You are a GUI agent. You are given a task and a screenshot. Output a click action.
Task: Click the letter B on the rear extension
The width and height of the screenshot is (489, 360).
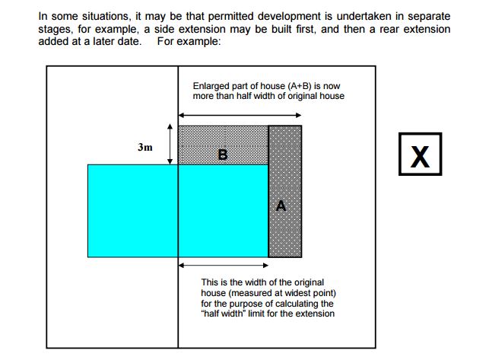223,155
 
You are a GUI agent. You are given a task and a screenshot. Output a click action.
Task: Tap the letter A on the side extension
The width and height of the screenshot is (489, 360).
281,205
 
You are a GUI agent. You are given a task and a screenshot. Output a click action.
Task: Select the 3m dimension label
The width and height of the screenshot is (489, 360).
145,147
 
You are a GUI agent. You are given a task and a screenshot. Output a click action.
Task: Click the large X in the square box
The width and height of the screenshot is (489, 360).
420,157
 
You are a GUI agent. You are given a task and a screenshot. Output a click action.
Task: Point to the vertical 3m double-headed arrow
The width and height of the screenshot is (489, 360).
170,144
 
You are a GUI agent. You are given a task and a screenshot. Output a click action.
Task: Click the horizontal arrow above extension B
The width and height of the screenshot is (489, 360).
240,115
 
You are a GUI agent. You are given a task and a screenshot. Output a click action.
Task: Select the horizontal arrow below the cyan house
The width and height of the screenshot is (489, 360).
224,266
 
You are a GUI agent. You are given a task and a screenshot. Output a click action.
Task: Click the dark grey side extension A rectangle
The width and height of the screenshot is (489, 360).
285,191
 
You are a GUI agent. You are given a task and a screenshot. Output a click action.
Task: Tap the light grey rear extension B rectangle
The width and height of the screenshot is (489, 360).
223,145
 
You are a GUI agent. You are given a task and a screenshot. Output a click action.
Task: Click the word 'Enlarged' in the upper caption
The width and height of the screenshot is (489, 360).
208,86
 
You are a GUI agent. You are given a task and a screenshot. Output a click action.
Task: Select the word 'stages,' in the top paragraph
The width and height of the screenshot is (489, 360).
56,30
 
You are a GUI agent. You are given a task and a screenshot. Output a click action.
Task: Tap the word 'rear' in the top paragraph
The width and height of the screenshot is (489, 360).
386,29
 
